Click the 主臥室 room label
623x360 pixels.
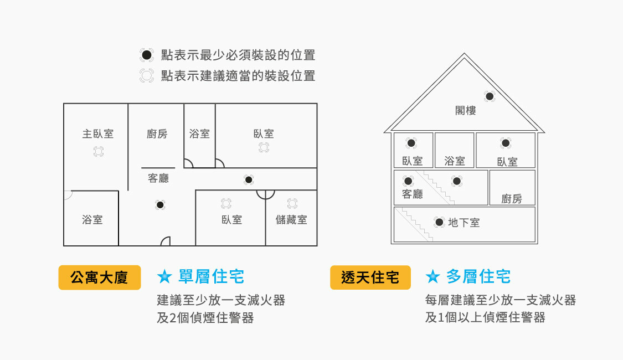pos(98,134)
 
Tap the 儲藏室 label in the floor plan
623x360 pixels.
pos(291,220)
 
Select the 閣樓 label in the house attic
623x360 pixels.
pos(466,110)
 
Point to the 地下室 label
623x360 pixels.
pos(464,223)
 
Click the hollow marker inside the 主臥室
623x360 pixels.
pos(99,151)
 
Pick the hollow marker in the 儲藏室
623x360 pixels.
pos(292,203)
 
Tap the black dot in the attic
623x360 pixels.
pos(490,96)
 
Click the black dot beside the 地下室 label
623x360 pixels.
pos(439,222)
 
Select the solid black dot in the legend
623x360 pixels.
pos(146,55)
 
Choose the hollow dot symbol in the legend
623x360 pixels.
pos(146,75)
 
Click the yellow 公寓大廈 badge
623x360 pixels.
pos(100,277)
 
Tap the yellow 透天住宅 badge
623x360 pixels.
pos(370,277)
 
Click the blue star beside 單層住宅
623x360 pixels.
pos(164,276)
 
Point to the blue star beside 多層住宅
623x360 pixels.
pos(433,276)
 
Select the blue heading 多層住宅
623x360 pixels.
pos(478,276)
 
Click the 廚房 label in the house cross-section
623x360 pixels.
pos(512,199)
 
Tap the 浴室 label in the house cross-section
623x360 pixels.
pos(455,161)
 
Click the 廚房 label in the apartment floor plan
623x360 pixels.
pos(157,134)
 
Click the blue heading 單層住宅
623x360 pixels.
pos(212,276)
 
